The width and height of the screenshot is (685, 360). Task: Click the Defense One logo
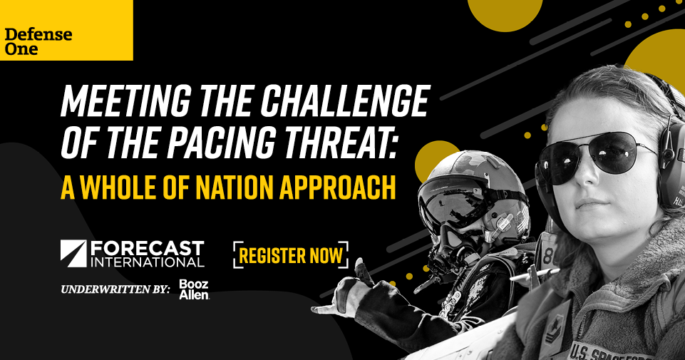click(38, 41)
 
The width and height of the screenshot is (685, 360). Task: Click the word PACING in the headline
click(223, 143)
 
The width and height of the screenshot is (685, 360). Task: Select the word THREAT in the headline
click(340, 142)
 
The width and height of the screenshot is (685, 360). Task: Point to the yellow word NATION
click(234, 187)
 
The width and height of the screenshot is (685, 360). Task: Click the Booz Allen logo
click(194, 289)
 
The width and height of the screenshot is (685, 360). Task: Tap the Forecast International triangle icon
click(73, 253)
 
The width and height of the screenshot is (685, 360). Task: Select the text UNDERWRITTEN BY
click(115, 289)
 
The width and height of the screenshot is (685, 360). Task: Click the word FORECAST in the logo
click(148, 248)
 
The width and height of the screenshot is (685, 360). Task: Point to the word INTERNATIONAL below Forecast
click(148, 262)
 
